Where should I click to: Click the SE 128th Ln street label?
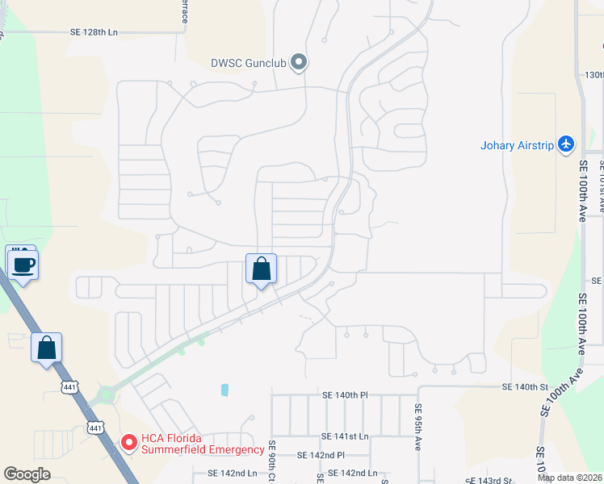click(95, 32)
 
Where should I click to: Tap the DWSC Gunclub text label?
click(248, 62)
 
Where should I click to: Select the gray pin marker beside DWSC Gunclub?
click(299, 61)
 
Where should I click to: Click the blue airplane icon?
click(566, 144)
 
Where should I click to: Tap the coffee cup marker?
click(23, 264)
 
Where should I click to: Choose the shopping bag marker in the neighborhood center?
click(261, 269)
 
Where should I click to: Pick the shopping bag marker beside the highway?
click(47, 348)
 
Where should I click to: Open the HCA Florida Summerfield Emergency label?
click(203, 443)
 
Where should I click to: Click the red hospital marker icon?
click(128, 442)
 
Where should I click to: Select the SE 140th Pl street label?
click(345, 395)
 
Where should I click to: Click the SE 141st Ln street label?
click(345, 436)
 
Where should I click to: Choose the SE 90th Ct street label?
click(273, 460)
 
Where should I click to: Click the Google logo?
click(27, 474)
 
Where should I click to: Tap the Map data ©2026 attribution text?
click(569, 478)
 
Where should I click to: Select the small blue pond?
click(224, 390)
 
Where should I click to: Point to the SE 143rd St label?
click(485, 480)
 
